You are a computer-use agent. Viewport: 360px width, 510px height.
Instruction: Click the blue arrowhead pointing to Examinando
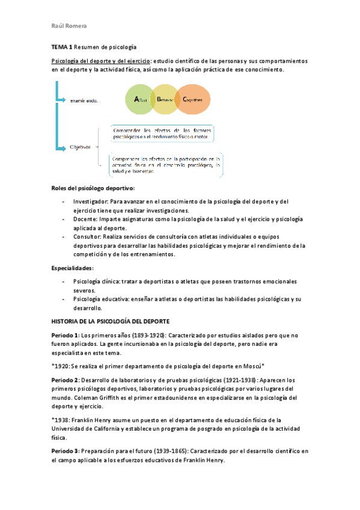tap(64, 99)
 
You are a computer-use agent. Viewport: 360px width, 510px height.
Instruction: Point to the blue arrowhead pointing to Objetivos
tap(64, 146)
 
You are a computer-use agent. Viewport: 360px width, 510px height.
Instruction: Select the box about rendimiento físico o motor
tap(163, 133)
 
